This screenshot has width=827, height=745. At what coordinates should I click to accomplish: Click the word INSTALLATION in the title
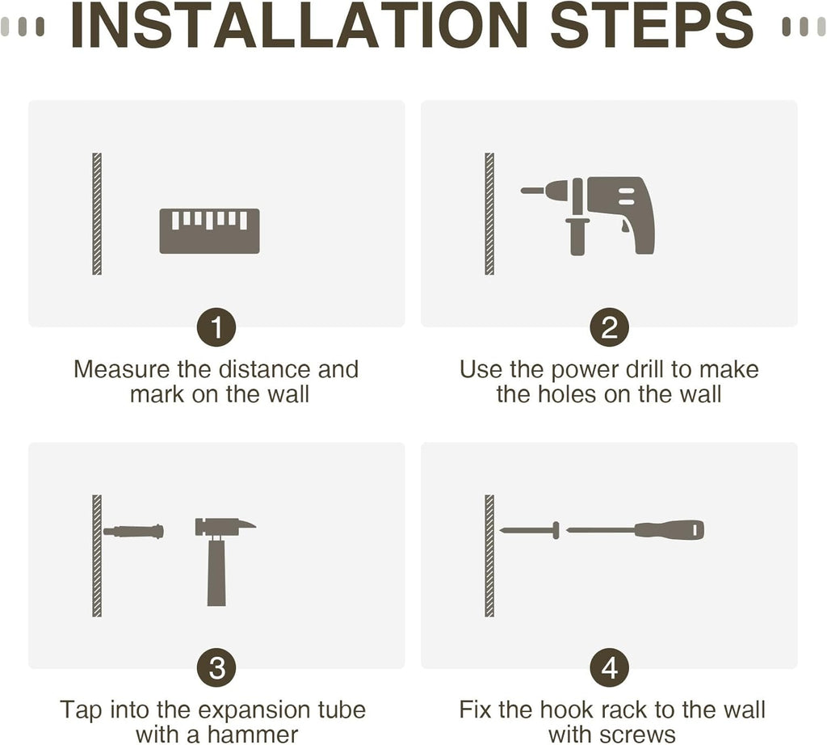299,25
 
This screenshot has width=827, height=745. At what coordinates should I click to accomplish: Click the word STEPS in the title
652,25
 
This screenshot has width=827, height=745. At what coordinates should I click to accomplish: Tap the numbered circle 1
216,327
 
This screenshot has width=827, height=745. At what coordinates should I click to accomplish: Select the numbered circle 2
609,327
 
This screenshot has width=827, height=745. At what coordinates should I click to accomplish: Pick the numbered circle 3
216,668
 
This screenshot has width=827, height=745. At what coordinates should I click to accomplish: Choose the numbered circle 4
609,668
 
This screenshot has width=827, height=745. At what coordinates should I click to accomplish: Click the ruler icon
209,231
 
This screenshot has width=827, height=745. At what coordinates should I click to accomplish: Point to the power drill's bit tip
523,191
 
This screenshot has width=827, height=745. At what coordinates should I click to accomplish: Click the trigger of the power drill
624,226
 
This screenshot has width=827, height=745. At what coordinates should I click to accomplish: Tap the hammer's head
225,527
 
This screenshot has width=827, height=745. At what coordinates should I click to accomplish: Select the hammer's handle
216,572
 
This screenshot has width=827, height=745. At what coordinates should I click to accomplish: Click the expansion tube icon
133,531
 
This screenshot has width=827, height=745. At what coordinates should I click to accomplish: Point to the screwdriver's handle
670,530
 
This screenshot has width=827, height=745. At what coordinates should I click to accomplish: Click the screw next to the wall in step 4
529,530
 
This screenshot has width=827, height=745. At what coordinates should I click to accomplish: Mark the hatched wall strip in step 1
97,213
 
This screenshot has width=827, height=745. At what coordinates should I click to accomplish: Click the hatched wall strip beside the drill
489,213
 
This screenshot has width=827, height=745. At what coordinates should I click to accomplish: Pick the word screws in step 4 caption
638,735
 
